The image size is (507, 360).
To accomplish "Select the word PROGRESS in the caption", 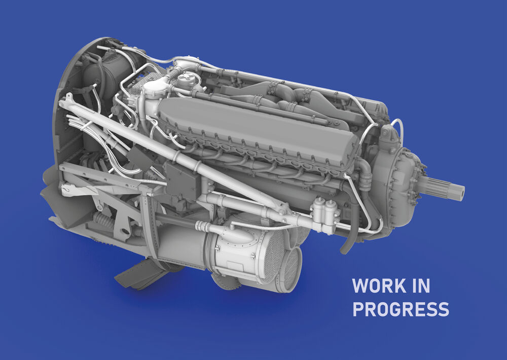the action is [x=401, y=309].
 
